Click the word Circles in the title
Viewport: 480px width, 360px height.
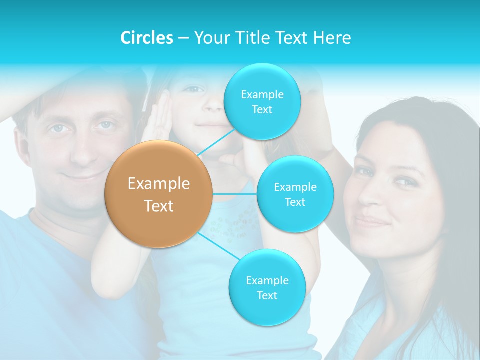click(x=146, y=38)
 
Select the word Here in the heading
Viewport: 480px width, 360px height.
click(x=332, y=38)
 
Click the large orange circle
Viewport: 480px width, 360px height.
click(x=159, y=194)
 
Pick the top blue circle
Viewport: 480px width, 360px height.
click(x=262, y=101)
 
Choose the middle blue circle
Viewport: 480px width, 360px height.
click(x=295, y=194)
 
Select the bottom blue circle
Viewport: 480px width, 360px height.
click(x=267, y=287)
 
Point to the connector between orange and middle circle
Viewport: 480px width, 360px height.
click(x=235, y=194)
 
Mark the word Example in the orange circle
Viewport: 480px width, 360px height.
click(x=159, y=184)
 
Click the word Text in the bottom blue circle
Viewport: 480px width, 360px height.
click(x=267, y=295)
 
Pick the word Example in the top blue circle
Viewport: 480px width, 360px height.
click(x=262, y=94)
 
